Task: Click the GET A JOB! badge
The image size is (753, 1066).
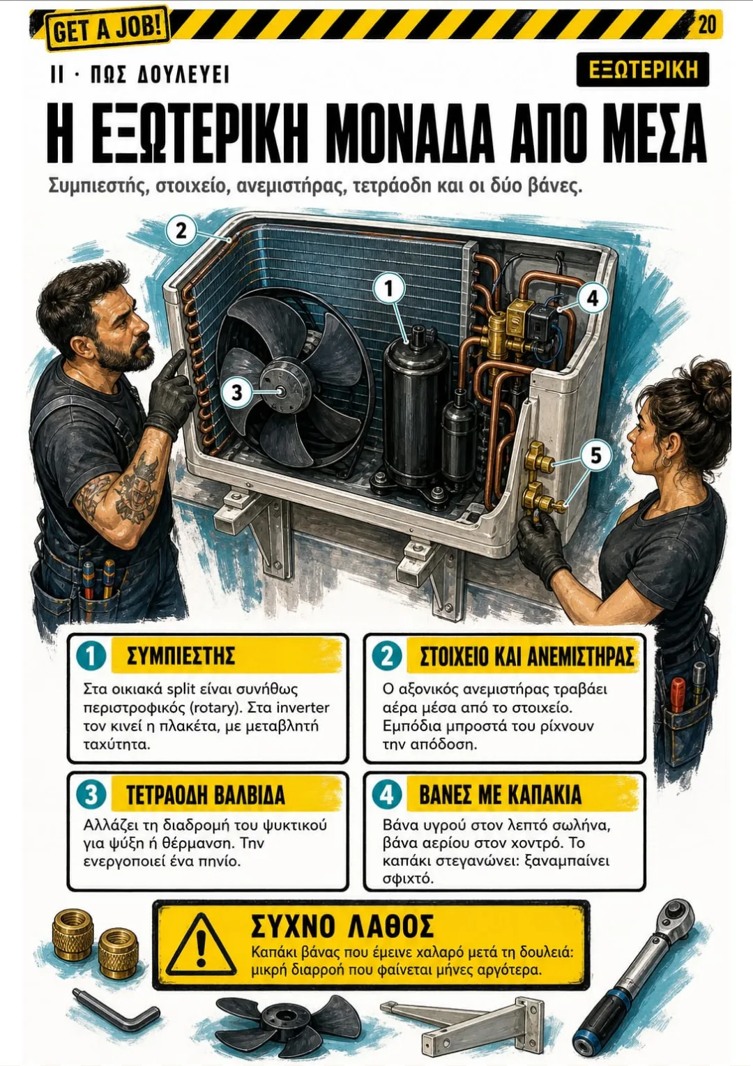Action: (107, 28)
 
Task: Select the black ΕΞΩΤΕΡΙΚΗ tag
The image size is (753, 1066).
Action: (643, 70)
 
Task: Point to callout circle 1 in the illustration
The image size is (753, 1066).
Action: (389, 289)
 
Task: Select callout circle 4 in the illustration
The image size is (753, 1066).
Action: (592, 298)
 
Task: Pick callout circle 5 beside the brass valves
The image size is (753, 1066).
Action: (595, 455)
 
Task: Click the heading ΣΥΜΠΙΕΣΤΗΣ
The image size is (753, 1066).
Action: (181, 656)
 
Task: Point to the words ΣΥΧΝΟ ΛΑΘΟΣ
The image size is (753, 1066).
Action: (342, 926)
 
